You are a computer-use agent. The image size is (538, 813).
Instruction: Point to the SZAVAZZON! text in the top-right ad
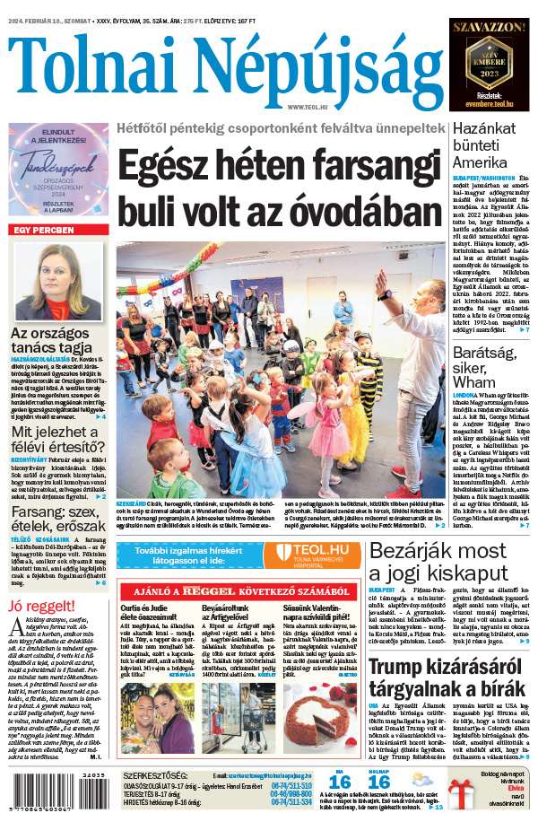click(x=489, y=28)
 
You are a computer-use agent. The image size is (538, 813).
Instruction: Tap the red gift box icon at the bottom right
click(x=464, y=792)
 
